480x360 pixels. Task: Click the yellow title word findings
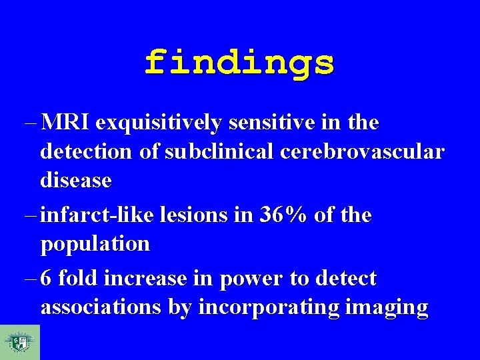click(239, 63)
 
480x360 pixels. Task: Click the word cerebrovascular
click(361, 152)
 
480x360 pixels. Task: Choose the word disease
click(76, 180)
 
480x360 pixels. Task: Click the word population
click(95, 245)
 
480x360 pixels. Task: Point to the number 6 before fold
click(47, 278)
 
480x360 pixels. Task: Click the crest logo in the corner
click(19, 342)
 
